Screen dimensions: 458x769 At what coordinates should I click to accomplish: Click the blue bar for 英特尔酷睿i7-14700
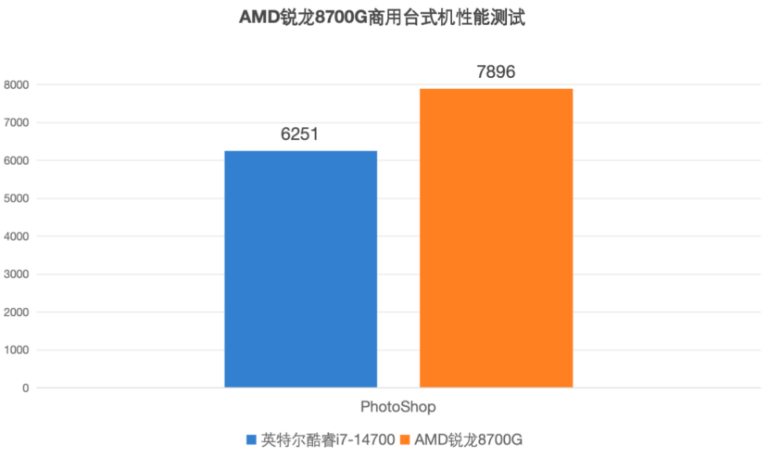click(x=300, y=269)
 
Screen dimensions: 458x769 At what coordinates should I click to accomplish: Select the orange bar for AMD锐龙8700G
click(x=496, y=238)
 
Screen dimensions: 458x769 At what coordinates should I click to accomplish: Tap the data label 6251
click(x=300, y=134)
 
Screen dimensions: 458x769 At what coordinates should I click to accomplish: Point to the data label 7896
click(x=496, y=71)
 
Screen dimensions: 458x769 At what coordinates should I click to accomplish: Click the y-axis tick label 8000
click(x=17, y=85)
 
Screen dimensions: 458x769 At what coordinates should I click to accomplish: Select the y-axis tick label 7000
click(x=17, y=123)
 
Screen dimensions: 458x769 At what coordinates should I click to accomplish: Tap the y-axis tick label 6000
click(x=17, y=161)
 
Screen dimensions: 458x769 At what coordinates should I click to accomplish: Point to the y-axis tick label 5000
click(x=17, y=198)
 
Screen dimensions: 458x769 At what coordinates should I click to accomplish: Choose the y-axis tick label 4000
click(x=17, y=236)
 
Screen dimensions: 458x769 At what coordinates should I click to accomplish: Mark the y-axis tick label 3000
click(x=17, y=274)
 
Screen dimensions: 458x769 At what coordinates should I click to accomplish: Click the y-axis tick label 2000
click(x=17, y=312)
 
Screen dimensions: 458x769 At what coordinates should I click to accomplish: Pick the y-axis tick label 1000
click(x=17, y=350)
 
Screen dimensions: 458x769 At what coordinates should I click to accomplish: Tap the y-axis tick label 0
click(x=26, y=388)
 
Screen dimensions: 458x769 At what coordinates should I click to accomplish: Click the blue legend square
click(x=251, y=439)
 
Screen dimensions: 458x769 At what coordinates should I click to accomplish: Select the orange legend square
click(x=406, y=439)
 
